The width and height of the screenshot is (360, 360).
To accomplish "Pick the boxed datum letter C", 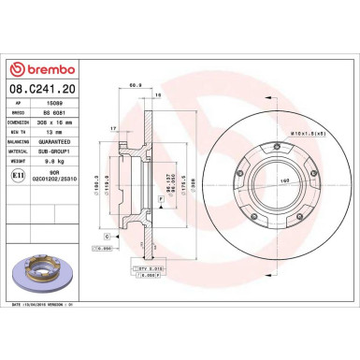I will tap(108, 236).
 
